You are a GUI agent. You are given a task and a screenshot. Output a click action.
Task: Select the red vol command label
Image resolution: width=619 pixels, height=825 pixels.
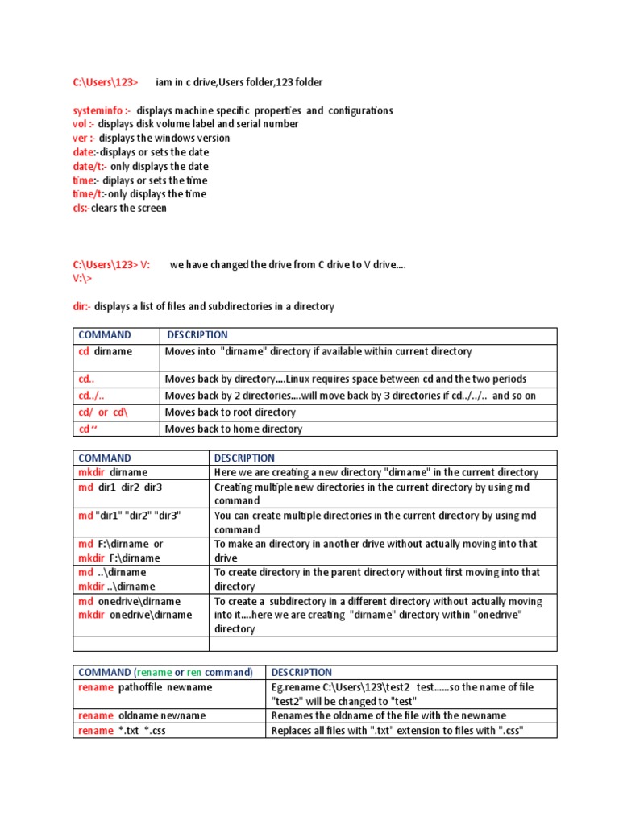pos(83,124)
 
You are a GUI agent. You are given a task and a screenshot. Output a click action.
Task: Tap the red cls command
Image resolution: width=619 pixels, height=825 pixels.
pos(81,208)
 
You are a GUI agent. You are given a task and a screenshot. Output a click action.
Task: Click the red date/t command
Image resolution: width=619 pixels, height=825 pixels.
pos(89,166)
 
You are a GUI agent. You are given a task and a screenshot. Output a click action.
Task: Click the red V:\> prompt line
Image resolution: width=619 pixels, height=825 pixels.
pos(82,278)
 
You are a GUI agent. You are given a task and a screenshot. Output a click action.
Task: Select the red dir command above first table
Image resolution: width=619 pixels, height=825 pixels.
pos(82,307)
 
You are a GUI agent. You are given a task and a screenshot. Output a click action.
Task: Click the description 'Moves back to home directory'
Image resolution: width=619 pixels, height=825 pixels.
pos(234,429)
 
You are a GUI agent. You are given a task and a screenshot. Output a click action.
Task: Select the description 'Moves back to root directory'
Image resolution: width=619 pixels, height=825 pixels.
pos(231,412)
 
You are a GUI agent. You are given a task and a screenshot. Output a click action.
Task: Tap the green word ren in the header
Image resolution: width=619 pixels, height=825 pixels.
pos(194,672)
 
